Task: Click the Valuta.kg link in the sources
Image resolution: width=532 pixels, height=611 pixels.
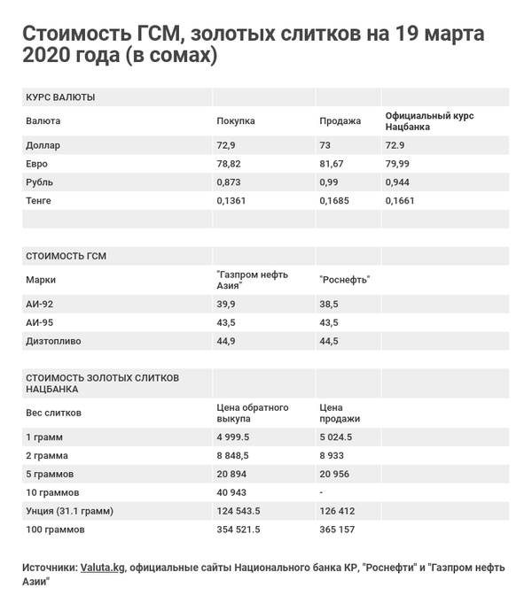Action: tap(102, 568)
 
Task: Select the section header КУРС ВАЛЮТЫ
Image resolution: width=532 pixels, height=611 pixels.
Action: tap(60, 97)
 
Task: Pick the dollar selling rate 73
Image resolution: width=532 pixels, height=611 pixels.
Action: tap(325, 145)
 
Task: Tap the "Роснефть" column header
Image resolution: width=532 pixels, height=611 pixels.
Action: tap(344, 280)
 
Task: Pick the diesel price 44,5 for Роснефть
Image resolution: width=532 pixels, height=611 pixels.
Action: tap(328, 341)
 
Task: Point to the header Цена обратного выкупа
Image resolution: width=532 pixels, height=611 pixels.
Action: tap(253, 413)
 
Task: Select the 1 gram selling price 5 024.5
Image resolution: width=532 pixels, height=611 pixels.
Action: tap(335, 437)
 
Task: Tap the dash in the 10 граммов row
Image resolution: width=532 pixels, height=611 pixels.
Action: tap(321, 492)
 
